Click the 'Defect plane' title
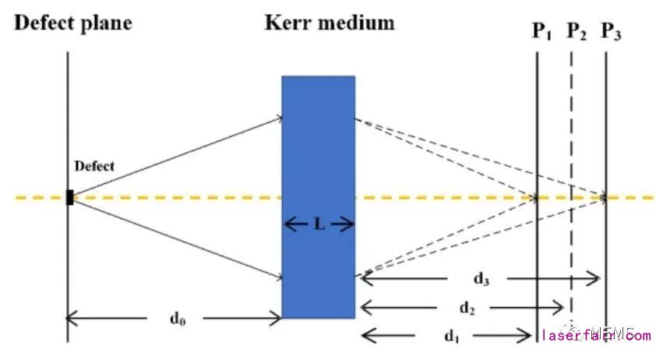point(74,23)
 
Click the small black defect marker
point(70,197)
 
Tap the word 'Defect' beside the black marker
point(93,166)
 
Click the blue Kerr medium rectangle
point(318,140)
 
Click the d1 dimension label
point(451,336)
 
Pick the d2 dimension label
point(467,308)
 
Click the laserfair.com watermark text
point(596,336)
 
